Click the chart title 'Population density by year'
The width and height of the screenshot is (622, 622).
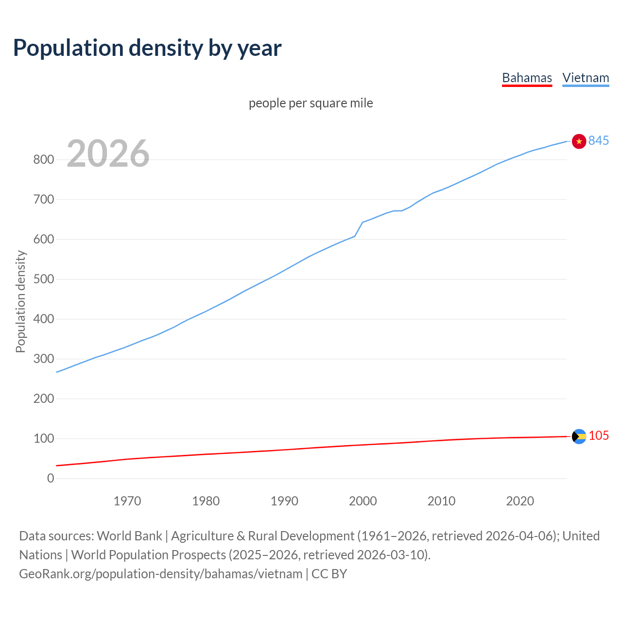[147, 48]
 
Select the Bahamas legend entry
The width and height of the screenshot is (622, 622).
[527, 78]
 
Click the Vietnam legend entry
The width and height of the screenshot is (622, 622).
[586, 78]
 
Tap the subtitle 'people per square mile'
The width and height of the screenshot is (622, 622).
[311, 103]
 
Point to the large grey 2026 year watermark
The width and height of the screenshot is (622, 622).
[108, 154]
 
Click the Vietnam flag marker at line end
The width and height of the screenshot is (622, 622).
[579, 141]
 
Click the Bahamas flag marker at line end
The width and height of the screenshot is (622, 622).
[579, 436]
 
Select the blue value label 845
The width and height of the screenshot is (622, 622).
[598, 140]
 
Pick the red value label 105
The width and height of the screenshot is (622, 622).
[599, 435]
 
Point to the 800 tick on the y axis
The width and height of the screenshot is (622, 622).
[43, 159]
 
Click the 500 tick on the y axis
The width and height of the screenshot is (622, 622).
[43, 279]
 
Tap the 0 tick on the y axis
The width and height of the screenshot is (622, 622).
[51, 478]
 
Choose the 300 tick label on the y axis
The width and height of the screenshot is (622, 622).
[43, 359]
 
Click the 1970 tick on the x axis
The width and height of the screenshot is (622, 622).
[127, 501]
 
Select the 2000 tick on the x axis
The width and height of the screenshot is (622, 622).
[363, 501]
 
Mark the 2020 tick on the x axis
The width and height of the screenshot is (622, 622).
[520, 501]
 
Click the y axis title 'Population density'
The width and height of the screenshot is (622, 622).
[20, 301]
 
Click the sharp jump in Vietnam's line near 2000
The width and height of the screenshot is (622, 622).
[359, 229]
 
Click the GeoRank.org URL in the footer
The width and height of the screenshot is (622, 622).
[160, 573]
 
